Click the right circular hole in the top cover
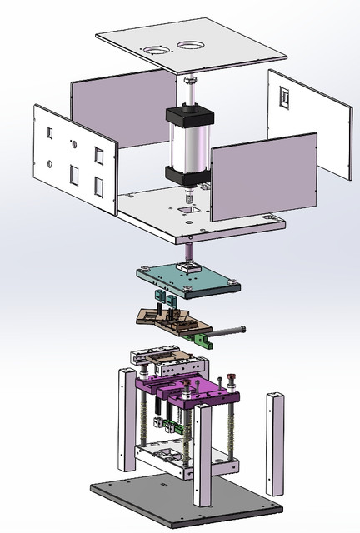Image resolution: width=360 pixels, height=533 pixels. [x=190, y=47]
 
